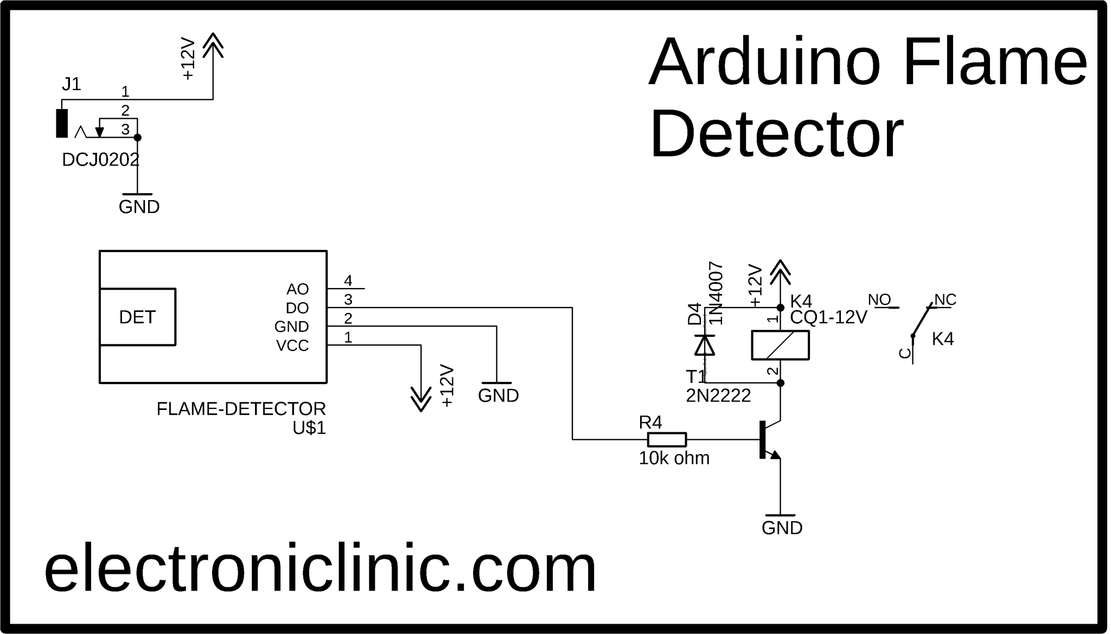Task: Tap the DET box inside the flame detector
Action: (137, 317)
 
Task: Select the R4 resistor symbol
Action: (667, 439)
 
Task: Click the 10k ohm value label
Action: (674, 458)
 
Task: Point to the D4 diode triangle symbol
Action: (705, 345)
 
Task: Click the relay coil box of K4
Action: (780, 345)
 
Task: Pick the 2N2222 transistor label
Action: (718, 396)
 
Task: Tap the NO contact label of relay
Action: (879, 299)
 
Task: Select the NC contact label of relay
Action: (945, 299)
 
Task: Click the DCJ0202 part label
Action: (100, 160)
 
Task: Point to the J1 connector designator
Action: (71, 84)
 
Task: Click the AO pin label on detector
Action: (297, 289)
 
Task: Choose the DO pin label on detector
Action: (297, 308)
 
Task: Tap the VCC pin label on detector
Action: (292, 345)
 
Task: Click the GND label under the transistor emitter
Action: (782, 528)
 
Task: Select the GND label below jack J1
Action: (139, 207)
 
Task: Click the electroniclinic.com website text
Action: (320, 568)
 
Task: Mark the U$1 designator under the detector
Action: (309, 428)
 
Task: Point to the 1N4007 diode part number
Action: (716, 293)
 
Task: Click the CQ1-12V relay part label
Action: (828, 317)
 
